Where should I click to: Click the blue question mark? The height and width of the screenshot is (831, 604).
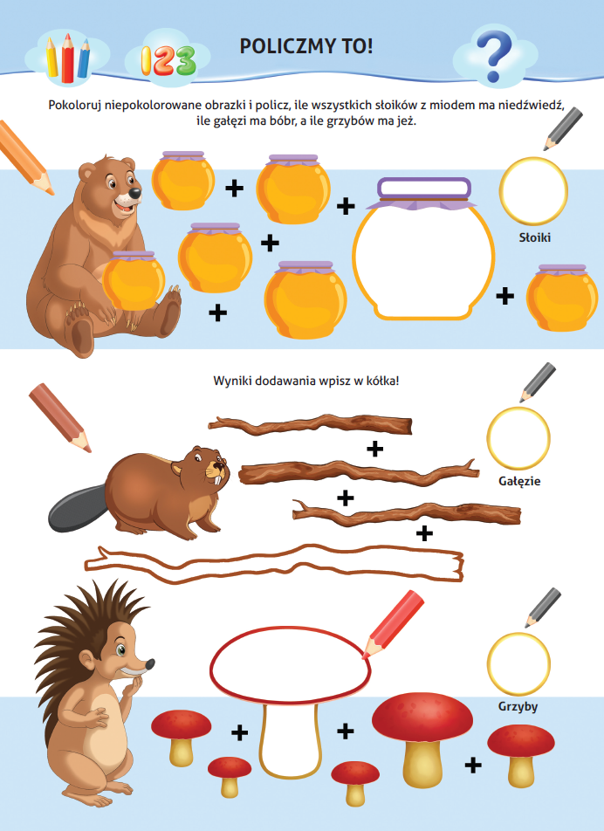pos(494,56)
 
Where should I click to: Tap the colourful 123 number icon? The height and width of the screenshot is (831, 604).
pos(168,60)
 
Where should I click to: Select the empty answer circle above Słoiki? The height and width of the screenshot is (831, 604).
pos(533,190)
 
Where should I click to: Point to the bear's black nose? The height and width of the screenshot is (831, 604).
pos(135,193)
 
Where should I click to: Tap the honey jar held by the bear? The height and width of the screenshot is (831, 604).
pos(134,280)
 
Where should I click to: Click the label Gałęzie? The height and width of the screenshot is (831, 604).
pos(519,481)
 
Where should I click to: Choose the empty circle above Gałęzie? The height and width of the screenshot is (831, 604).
pos(518,438)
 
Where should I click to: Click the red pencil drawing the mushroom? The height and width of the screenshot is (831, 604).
pos(393,624)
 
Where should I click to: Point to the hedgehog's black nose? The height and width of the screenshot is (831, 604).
pos(150,664)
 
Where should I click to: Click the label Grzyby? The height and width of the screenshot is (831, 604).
pos(518,706)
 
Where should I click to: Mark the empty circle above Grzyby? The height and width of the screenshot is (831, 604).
pos(518,663)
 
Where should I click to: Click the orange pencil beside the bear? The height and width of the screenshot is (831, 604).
pos(25,157)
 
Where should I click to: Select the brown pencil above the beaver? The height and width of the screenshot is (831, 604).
pos(60,417)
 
